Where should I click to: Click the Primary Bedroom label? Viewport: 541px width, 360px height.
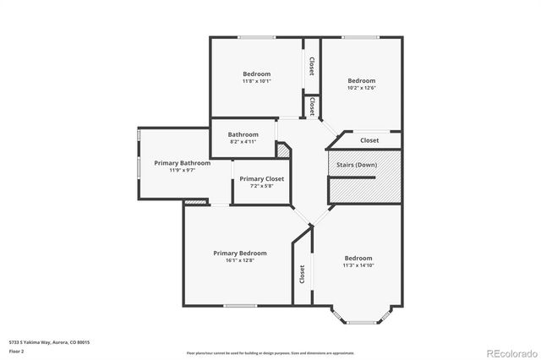pos(239,253)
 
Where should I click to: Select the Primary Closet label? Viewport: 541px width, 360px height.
pos(262,178)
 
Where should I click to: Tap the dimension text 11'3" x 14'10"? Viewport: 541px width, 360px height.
pos(358,265)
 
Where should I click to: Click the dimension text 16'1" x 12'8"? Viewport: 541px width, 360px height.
pos(239,260)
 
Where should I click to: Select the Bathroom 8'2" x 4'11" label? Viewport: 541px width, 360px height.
pos(243,138)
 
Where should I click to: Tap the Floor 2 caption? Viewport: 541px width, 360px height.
pos(17,351)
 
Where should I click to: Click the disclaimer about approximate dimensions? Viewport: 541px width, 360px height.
pos(270,352)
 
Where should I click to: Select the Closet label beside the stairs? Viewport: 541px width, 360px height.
pos(369,140)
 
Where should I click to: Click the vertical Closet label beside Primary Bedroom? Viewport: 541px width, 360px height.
pos(302,274)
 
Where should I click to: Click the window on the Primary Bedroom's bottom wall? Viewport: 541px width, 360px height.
pos(239,305)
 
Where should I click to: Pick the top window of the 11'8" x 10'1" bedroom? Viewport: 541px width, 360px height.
pos(255,36)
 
